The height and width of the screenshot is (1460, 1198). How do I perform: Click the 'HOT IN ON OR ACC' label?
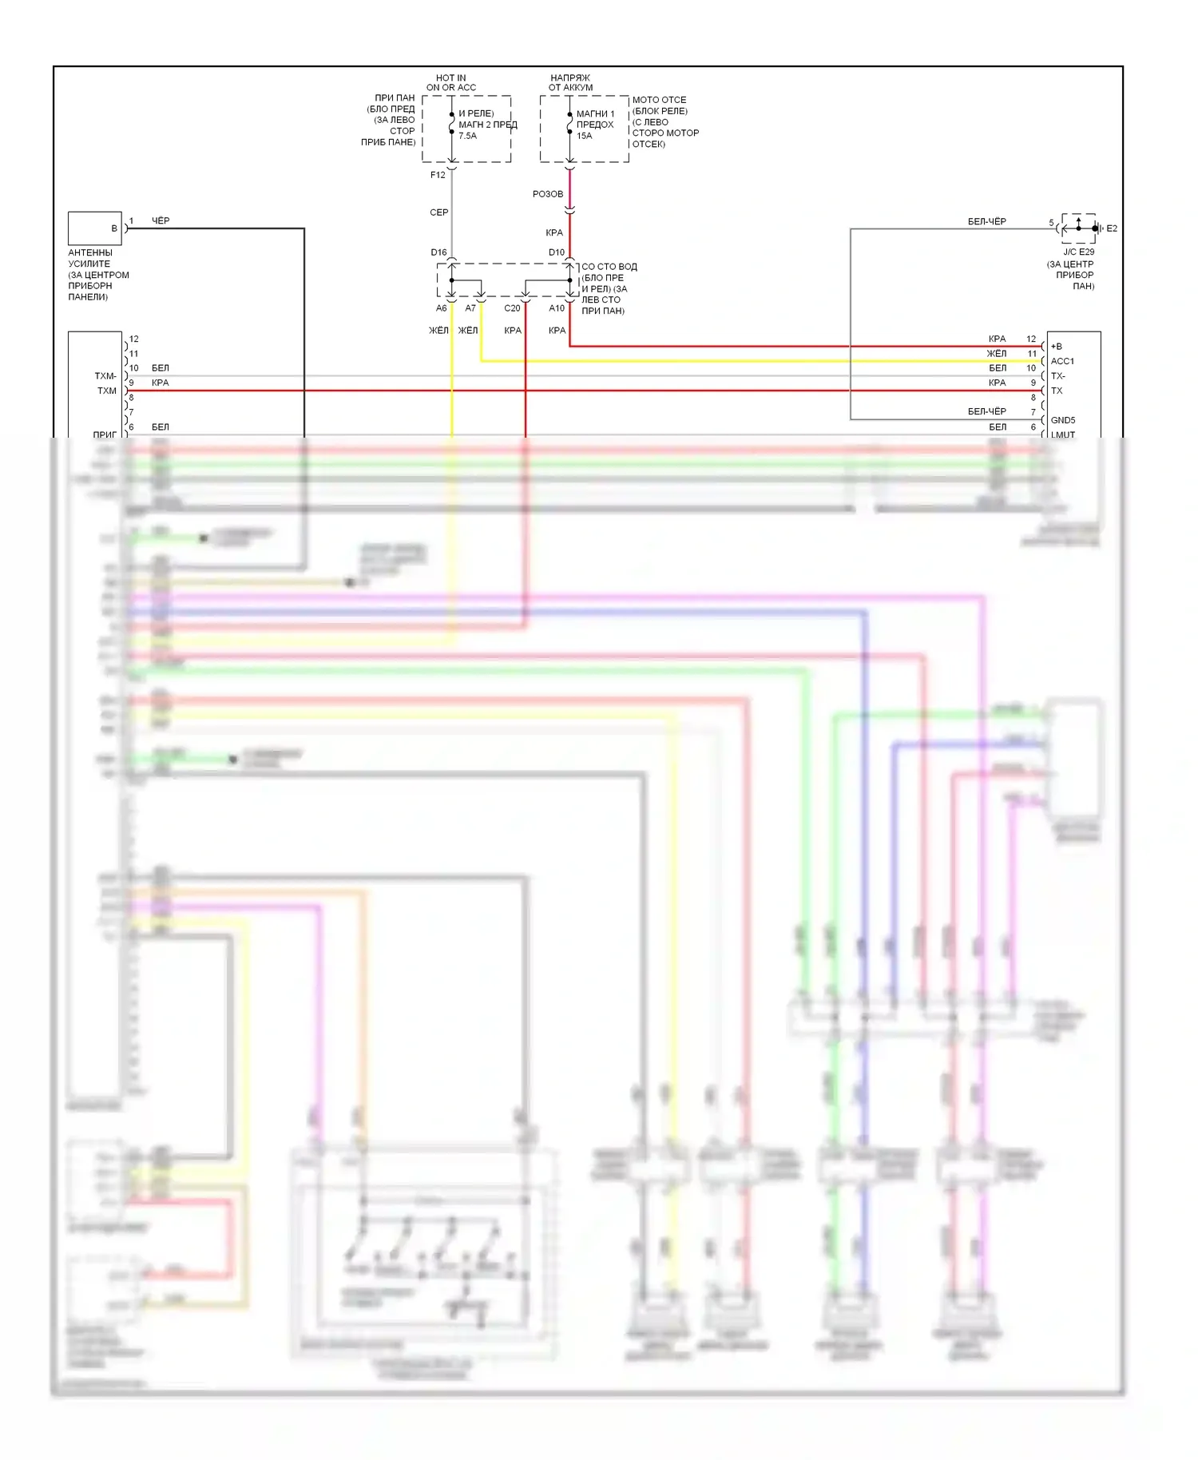[451, 83]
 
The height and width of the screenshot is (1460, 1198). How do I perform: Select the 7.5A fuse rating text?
[467, 136]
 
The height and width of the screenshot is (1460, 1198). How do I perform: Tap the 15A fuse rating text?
[585, 136]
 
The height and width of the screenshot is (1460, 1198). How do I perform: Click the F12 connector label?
[438, 175]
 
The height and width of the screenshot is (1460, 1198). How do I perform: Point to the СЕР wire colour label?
[439, 212]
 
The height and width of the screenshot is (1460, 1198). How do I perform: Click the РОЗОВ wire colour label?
[548, 194]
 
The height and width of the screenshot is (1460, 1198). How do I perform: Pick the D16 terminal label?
[438, 252]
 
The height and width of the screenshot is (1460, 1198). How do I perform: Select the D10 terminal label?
[557, 252]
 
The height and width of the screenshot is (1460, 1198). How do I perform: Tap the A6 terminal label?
[442, 308]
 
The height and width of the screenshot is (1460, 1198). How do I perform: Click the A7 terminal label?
[470, 308]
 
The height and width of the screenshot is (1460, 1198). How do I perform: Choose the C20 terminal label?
[512, 308]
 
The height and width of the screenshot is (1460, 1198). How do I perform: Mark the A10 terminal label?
[557, 308]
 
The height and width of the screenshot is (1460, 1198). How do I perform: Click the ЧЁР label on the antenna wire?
[161, 220]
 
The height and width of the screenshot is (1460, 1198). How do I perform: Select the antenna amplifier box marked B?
[94, 228]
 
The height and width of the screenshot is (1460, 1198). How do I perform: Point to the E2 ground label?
[1112, 228]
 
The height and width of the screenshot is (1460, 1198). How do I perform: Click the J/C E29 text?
[1078, 252]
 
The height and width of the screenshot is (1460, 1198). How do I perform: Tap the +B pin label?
[1057, 347]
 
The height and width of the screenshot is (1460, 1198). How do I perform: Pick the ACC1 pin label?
[1062, 361]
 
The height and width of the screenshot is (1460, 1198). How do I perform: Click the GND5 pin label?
[1063, 420]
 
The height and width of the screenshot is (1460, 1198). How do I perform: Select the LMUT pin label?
[1063, 434]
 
